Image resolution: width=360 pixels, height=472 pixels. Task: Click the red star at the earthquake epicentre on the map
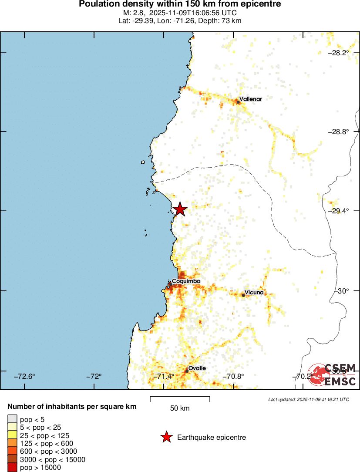179,209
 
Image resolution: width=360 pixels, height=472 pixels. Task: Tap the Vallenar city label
251,99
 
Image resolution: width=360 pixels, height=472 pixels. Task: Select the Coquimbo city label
186,281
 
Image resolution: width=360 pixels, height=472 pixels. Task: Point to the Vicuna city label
254,293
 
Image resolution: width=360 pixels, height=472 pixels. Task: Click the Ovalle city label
197,368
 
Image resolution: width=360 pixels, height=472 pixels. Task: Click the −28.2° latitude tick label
338,53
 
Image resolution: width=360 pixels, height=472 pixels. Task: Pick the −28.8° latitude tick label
338,131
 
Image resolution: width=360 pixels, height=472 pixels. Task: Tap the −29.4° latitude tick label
338,211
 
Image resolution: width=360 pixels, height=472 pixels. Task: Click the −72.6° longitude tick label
25,376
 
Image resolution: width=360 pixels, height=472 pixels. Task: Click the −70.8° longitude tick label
234,376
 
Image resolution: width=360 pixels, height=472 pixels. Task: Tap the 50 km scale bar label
180,408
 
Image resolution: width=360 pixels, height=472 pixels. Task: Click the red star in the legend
166,437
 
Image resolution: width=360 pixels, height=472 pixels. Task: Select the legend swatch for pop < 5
12,419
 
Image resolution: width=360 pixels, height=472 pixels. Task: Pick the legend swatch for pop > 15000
12,468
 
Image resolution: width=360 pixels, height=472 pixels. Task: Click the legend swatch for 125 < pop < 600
12,443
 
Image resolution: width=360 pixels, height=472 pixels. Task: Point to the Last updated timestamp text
309,399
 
